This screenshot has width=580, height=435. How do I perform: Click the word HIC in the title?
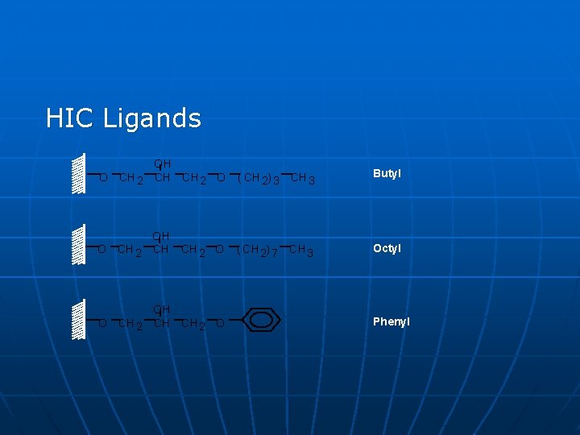click(x=71, y=118)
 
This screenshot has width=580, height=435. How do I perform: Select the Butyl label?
click(x=387, y=174)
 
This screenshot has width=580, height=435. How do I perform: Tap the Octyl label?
click(x=387, y=248)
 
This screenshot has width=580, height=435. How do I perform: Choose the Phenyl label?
click(x=391, y=321)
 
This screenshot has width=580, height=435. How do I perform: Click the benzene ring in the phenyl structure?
click(x=260, y=320)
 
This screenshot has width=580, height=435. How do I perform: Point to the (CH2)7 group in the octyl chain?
click(x=259, y=251)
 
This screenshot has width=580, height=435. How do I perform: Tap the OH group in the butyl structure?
click(x=162, y=164)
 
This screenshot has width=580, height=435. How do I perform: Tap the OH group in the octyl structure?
click(x=162, y=237)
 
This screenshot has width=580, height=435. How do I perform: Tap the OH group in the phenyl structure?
click(x=162, y=309)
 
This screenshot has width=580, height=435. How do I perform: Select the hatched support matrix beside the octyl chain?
click(x=78, y=246)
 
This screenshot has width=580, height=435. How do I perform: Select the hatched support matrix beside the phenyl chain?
click(x=78, y=320)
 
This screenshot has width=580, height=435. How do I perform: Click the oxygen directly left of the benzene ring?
click(x=221, y=324)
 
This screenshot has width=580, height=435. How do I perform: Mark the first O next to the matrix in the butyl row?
click(x=102, y=178)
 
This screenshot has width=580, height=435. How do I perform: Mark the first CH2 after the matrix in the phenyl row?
click(x=128, y=324)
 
